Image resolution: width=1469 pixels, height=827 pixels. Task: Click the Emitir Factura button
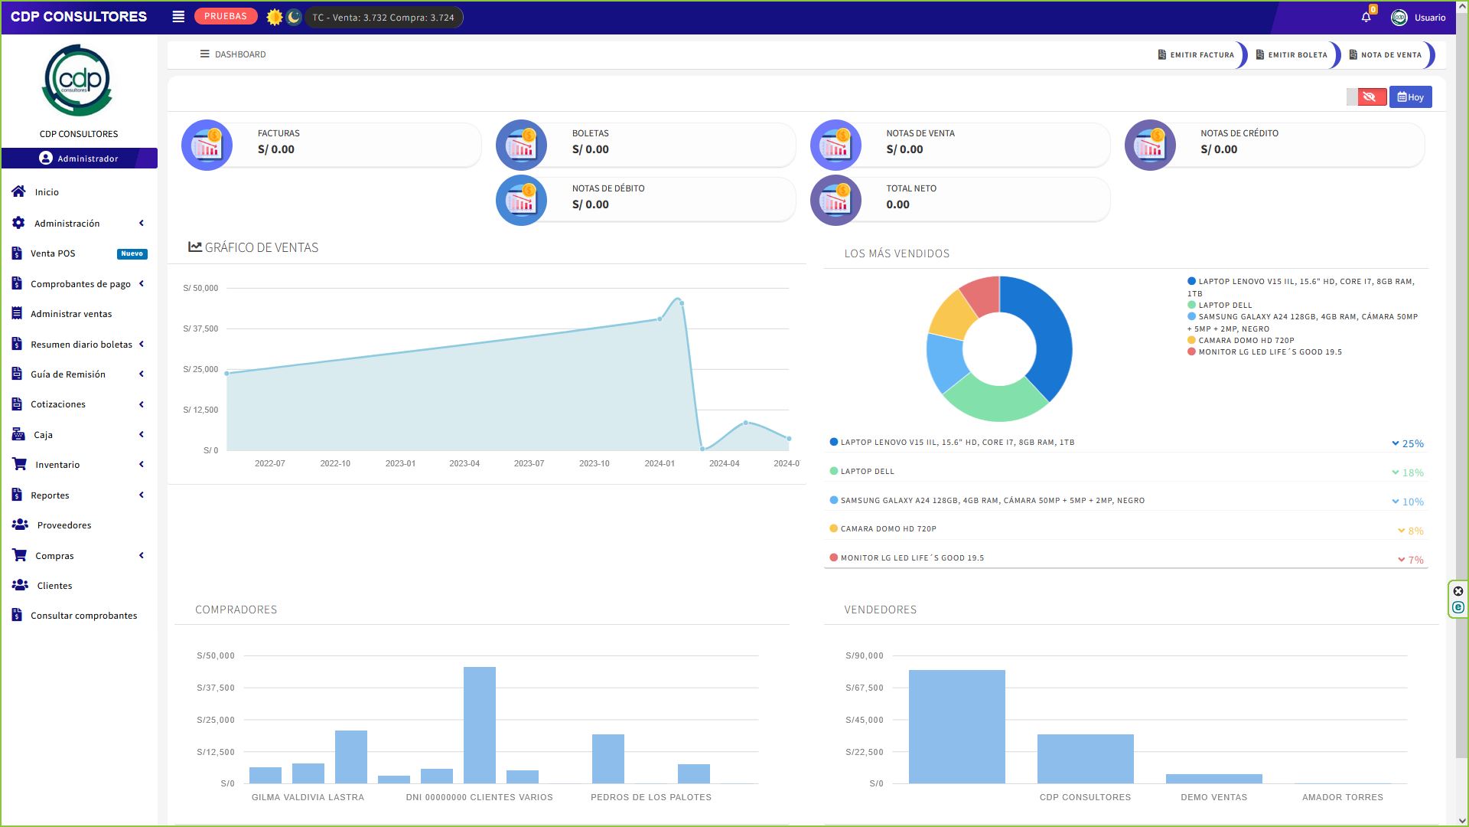[1197, 55]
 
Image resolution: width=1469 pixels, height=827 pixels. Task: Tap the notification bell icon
[1366, 17]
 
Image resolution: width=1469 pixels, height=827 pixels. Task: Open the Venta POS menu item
[53, 253]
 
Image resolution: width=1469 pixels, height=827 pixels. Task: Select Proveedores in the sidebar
[64, 525]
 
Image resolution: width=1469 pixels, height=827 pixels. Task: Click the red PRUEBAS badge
[225, 16]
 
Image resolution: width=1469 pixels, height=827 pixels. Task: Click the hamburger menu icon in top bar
[178, 17]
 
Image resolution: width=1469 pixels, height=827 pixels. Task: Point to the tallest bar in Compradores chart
[480, 724]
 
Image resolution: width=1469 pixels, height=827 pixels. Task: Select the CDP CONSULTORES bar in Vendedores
[1085, 758]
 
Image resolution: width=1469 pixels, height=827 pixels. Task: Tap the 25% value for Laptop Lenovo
[1412, 444]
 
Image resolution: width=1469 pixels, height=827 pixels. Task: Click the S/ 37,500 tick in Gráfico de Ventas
[200, 329]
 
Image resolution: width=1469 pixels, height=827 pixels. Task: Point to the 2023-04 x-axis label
[464, 464]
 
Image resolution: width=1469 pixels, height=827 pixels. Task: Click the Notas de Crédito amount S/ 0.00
[1219, 149]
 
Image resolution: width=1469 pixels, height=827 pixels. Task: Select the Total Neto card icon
[835, 201]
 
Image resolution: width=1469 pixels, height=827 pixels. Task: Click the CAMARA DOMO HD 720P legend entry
[1246, 341]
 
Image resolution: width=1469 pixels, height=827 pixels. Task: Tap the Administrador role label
[87, 159]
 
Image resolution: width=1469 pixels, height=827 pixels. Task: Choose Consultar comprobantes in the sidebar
[83, 616]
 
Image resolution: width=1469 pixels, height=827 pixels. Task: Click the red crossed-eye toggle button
[1370, 97]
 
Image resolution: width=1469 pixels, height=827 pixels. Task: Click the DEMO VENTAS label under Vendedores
[1213, 797]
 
